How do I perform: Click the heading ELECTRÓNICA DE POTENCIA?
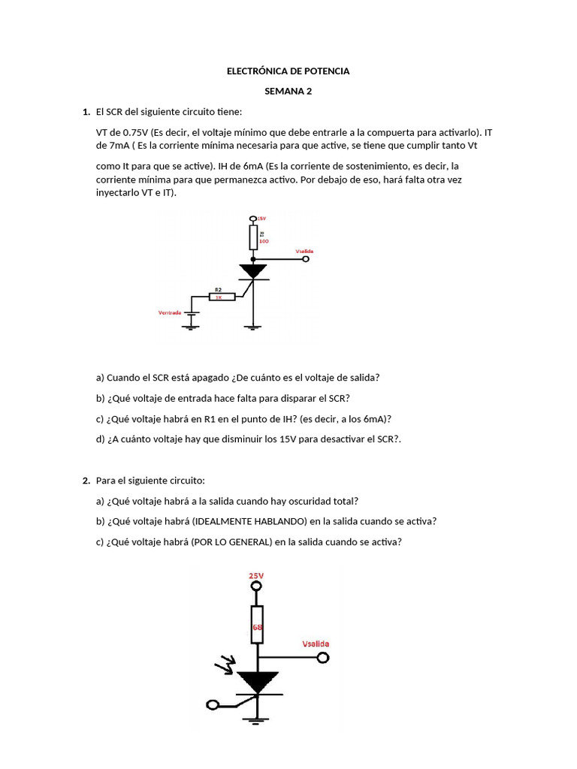click(x=288, y=71)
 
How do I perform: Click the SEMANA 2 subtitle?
click(x=288, y=92)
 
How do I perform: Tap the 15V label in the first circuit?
click(x=262, y=218)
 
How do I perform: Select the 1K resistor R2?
click(x=222, y=297)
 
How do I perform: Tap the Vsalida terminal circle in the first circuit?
click(x=306, y=259)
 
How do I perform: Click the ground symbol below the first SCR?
click(x=255, y=327)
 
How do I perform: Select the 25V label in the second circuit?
click(x=257, y=575)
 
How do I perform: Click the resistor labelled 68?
click(x=257, y=624)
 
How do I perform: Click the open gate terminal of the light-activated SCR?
click(x=213, y=705)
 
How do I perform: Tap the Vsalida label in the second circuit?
click(x=315, y=644)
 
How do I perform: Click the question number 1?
click(x=86, y=112)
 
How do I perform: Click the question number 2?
click(x=86, y=480)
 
